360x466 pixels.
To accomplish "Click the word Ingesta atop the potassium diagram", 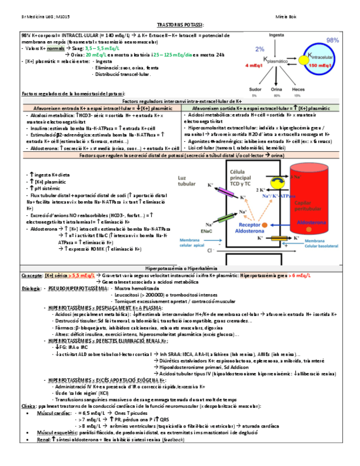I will pyautogui.click(x=276, y=35).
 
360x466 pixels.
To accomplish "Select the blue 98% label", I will pyautogui.click(x=333, y=41).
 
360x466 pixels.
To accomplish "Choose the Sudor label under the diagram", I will pyautogui.click(x=254, y=88).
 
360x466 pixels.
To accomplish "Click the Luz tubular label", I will pyautogui.click(x=185, y=181).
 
